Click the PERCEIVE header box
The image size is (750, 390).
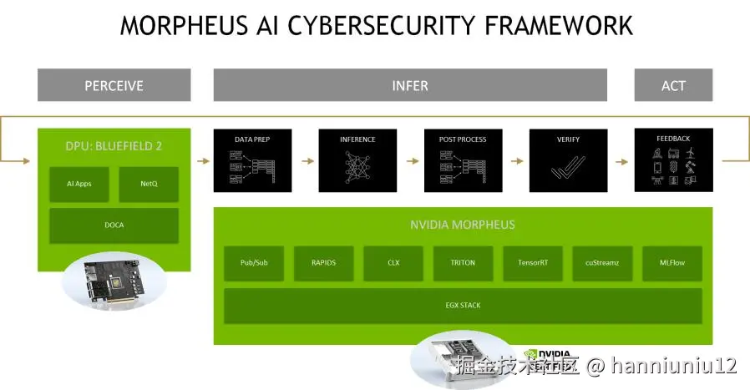click(x=114, y=85)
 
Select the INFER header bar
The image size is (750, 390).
click(x=410, y=85)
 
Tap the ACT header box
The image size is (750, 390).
click(x=673, y=85)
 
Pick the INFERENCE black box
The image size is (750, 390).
click(x=357, y=160)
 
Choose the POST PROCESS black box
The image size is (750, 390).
click(x=463, y=160)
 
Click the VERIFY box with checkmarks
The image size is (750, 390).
click(x=568, y=160)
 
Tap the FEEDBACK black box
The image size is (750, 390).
click(x=673, y=160)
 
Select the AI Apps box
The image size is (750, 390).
click(x=79, y=184)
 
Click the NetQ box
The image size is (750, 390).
click(x=149, y=184)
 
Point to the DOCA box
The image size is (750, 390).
click(x=114, y=225)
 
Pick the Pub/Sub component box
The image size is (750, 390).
click(x=254, y=262)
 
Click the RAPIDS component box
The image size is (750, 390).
click(x=323, y=262)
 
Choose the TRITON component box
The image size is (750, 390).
click(x=463, y=262)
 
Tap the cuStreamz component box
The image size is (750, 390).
click(x=602, y=262)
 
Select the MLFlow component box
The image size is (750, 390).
click(x=671, y=262)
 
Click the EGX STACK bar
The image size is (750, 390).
click(x=463, y=306)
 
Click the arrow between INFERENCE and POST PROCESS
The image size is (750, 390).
click(x=410, y=160)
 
